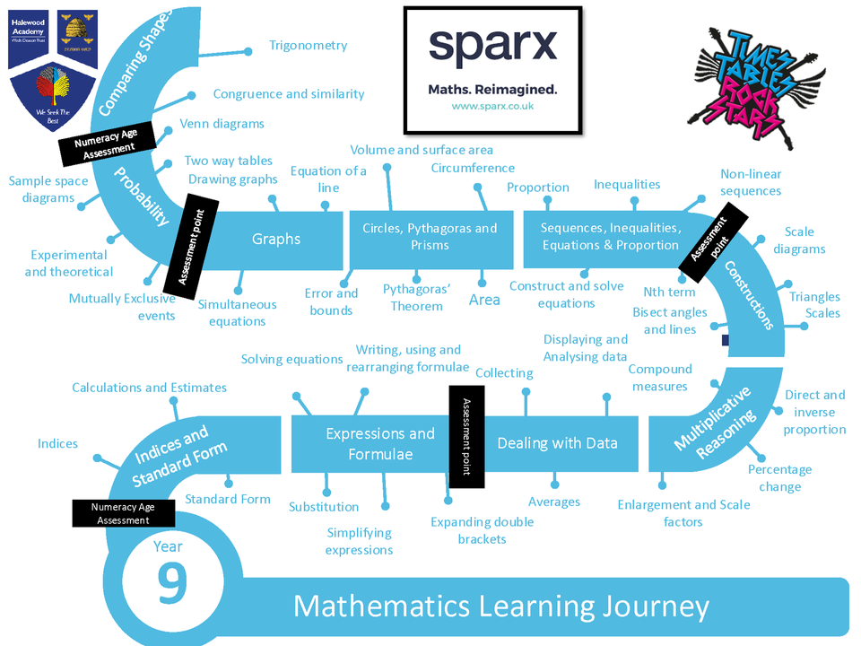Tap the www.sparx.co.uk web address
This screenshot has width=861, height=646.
(492, 106)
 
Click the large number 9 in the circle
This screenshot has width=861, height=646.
(172, 582)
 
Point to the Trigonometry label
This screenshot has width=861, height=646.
(308, 46)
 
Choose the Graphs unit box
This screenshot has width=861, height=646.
(276, 239)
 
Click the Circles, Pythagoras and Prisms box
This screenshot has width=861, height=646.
(430, 237)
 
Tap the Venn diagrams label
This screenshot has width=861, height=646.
(222, 124)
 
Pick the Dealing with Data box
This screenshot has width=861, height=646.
(557, 443)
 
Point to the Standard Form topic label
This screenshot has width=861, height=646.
(227, 499)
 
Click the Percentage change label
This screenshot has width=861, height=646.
(779, 478)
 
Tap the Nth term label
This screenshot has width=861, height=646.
(669, 292)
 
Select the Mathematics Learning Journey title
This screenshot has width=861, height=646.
(501, 607)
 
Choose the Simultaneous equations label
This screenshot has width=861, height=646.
(237, 313)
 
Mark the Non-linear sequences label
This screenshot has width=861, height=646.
(751, 182)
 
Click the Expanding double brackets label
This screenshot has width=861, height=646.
(482, 530)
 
